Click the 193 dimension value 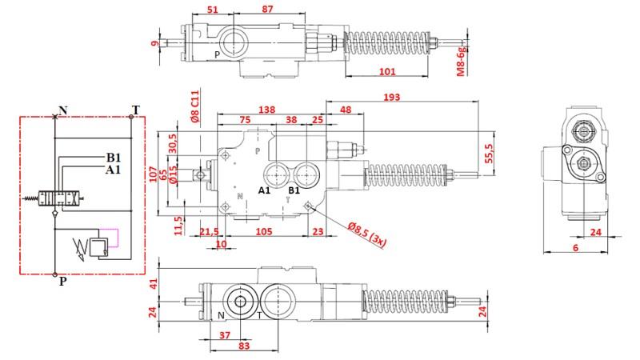(x=391, y=97)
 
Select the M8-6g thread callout (x=461, y=62)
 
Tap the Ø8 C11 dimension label (x=194, y=106)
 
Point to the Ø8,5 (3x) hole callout (x=366, y=234)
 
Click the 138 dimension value (x=267, y=110)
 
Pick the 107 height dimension (x=153, y=174)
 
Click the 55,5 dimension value (x=489, y=154)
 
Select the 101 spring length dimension (x=387, y=72)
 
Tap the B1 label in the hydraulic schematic (x=114, y=157)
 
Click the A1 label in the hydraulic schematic (x=113, y=170)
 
